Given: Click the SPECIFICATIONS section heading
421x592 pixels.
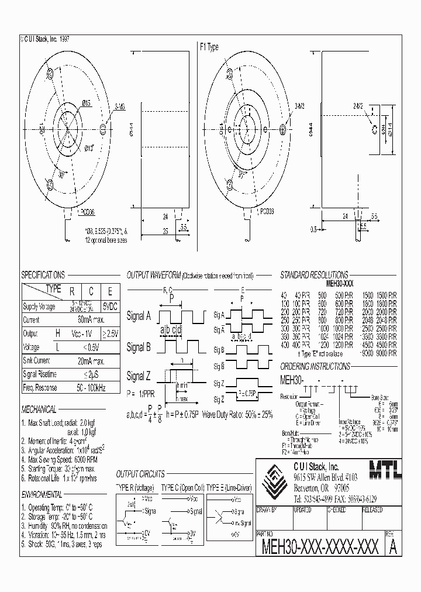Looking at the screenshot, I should click(43, 275).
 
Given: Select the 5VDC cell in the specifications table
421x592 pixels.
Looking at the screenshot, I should click(109, 306).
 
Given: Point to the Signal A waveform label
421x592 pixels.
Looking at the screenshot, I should click(139, 316).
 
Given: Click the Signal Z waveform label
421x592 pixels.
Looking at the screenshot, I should click(139, 376).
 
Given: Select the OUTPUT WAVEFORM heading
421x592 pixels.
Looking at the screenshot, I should click(153, 275).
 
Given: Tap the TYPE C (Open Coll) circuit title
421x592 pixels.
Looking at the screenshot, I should click(180, 487).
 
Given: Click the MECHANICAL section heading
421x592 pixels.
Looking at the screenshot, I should click(39, 409).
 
